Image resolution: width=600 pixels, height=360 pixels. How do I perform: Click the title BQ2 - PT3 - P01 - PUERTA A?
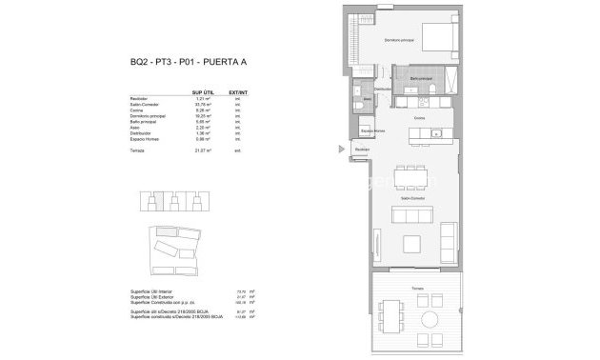(188, 63)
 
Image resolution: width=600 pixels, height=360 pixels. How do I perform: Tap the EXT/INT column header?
(250, 91)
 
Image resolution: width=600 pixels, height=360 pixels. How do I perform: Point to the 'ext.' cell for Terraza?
(250, 150)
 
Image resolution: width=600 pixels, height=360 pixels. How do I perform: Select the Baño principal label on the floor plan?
(422, 78)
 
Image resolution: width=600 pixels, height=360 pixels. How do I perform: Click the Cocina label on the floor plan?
(419, 118)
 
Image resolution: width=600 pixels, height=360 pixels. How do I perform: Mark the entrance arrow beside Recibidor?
(340, 149)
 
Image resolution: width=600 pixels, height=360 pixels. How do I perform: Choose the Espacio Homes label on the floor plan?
(370, 132)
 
